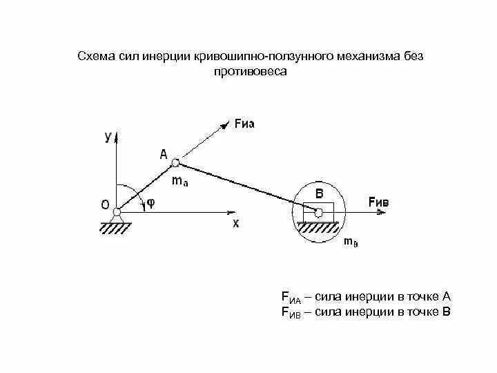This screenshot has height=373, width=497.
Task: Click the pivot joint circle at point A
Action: pyautogui.click(x=176, y=163)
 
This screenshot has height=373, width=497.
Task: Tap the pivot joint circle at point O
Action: pyautogui.click(x=117, y=212)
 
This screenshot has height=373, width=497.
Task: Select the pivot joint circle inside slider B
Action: pyautogui.click(x=318, y=213)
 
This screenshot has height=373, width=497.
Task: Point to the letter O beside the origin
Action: pyautogui.click(x=104, y=204)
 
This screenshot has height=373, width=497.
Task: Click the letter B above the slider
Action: pyautogui.click(x=320, y=193)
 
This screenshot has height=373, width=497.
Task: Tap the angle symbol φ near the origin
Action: pyautogui.click(x=150, y=204)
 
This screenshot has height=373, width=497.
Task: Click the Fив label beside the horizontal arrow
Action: pyautogui.click(x=378, y=202)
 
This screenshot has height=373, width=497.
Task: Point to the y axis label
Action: pyautogui.click(x=108, y=137)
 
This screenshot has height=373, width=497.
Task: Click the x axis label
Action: pyautogui.click(x=235, y=224)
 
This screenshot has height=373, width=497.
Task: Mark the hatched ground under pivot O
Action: pyautogui.click(x=117, y=228)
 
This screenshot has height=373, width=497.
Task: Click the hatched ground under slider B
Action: pyautogui.click(x=318, y=227)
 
